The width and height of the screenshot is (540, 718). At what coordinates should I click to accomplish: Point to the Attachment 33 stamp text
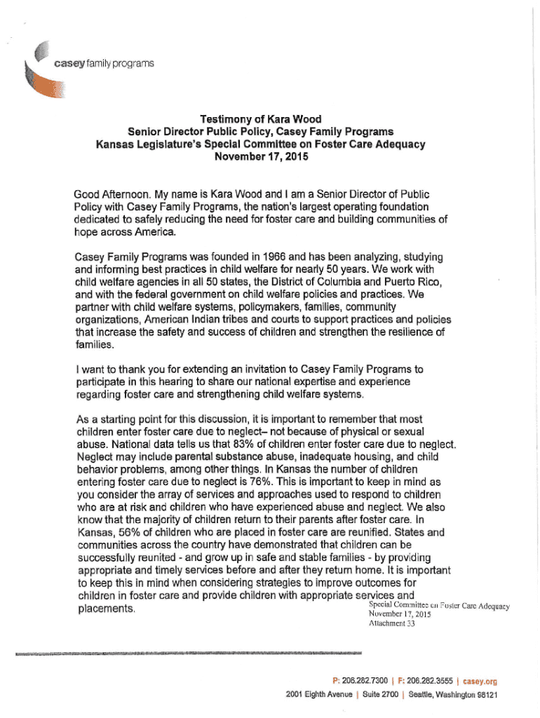(391, 625)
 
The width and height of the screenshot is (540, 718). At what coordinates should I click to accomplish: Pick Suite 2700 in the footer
(379, 695)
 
